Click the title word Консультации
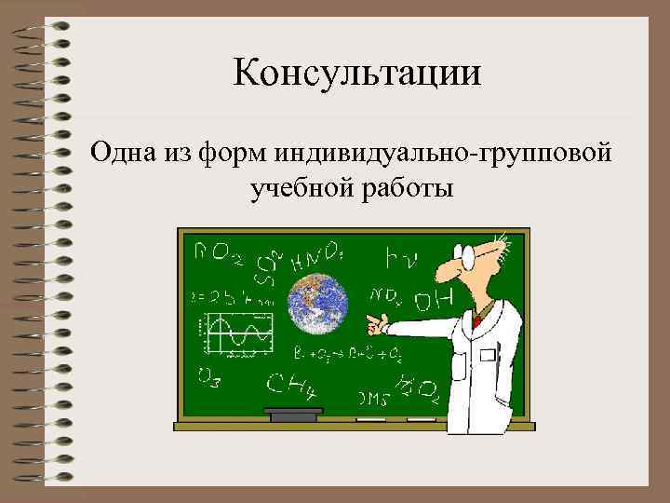pyautogui.click(x=358, y=73)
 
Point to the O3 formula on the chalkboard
pyautogui.click(x=208, y=376)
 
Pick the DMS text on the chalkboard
pyautogui.click(x=373, y=399)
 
